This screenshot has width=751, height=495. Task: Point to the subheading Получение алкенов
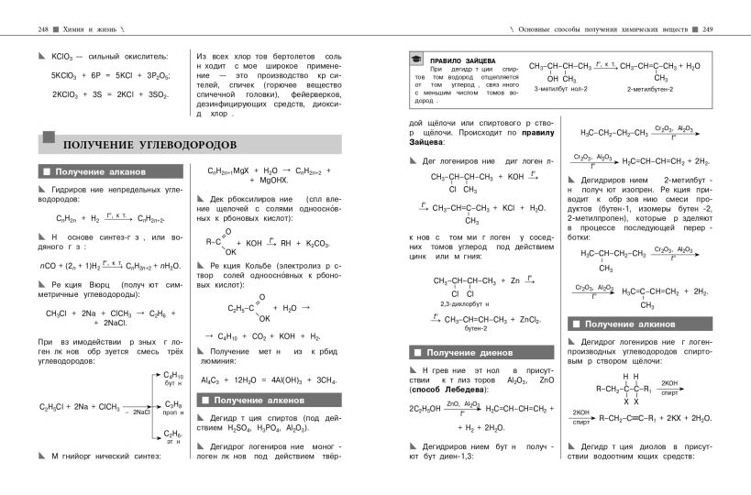tap(260, 401)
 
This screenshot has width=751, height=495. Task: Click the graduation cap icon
tap(417, 61)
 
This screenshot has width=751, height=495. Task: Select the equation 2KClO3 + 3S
tap(97, 94)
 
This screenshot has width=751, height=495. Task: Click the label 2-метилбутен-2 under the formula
tap(650, 88)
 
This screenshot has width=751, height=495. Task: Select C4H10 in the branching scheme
tap(173, 374)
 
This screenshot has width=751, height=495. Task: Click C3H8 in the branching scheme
tap(173, 403)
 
